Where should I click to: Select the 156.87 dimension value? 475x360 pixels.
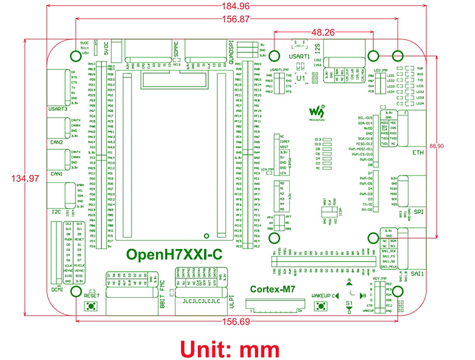[237, 19]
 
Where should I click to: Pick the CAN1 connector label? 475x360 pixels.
[57, 174]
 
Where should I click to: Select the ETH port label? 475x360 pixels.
[418, 153]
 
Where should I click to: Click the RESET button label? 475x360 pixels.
[92, 295]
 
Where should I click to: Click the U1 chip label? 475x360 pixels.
[300, 79]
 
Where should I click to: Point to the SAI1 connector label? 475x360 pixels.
[418, 274]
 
